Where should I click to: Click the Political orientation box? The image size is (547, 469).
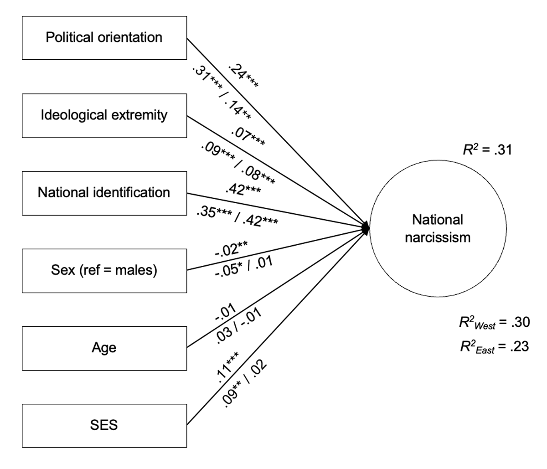click(104, 38)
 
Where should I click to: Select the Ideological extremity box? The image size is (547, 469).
click(104, 115)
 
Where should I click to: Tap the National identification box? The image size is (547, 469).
click(104, 193)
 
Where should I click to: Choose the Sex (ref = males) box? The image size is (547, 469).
click(104, 270)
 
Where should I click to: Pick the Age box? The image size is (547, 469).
click(104, 348)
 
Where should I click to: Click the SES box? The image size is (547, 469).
click(104, 425)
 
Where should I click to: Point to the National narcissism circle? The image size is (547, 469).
click(438, 228)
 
